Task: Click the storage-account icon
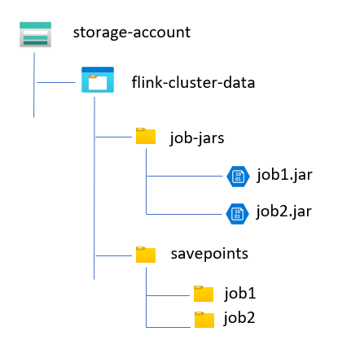35,34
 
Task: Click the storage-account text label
132,33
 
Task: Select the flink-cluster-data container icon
98,80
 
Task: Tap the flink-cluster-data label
193,82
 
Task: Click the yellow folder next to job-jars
146,136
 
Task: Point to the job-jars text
197,137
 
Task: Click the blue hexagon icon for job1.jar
238,177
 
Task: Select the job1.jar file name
284,175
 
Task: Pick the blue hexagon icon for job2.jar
237,214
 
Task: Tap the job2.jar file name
283,212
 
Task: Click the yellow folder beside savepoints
146,255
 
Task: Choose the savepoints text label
209,254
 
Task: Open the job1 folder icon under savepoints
204,294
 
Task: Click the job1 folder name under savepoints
240,294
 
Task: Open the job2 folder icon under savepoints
204,320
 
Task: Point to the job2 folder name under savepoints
239,318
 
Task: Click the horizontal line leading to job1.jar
185,177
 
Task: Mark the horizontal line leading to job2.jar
184,214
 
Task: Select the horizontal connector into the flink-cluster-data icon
56,82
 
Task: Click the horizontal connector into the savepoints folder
114,255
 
